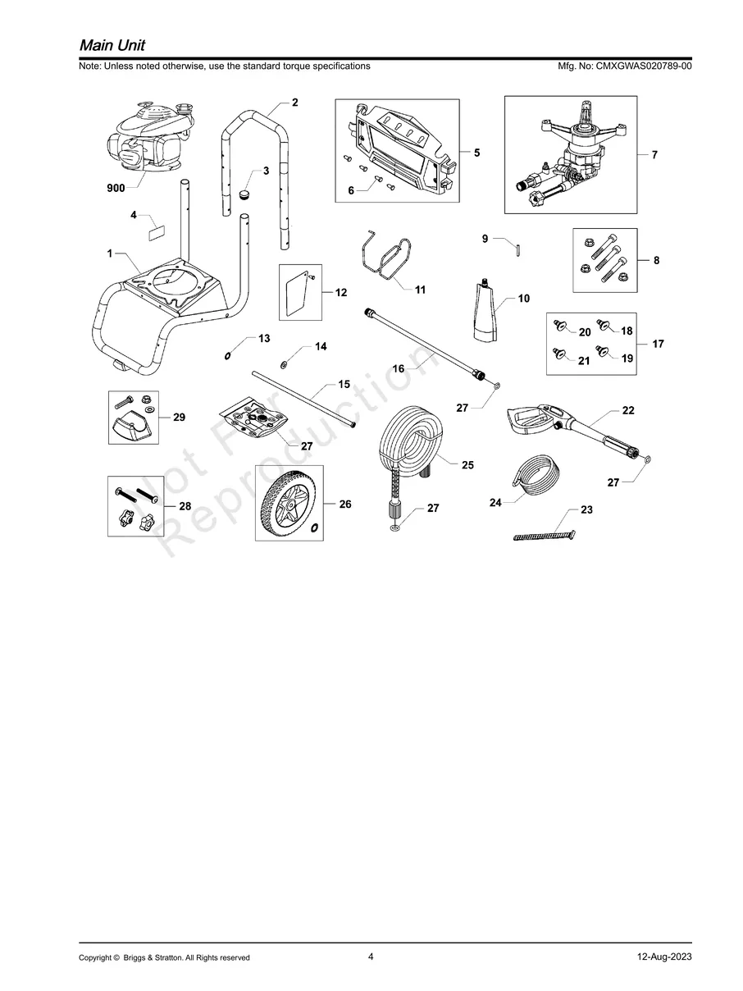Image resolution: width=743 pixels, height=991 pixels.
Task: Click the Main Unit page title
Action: [x=112, y=44]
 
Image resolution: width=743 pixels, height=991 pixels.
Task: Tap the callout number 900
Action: [x=116, y=188]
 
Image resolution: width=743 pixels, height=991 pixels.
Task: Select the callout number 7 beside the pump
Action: [x=654, y=154]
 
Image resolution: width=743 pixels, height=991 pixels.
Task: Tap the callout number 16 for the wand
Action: [x=399, y=369]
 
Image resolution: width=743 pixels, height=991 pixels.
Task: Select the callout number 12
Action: [x=342, y=292]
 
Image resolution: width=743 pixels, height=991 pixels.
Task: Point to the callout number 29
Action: [x=179, y=418]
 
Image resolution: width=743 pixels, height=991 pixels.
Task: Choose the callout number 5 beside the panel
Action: [x=476, y=153]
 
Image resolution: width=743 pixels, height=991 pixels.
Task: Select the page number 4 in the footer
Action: [x=371, y=956]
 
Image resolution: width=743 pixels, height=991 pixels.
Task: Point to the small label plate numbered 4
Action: [x=154, y=232]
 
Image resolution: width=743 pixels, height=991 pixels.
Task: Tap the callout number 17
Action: [x=658, y=345]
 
